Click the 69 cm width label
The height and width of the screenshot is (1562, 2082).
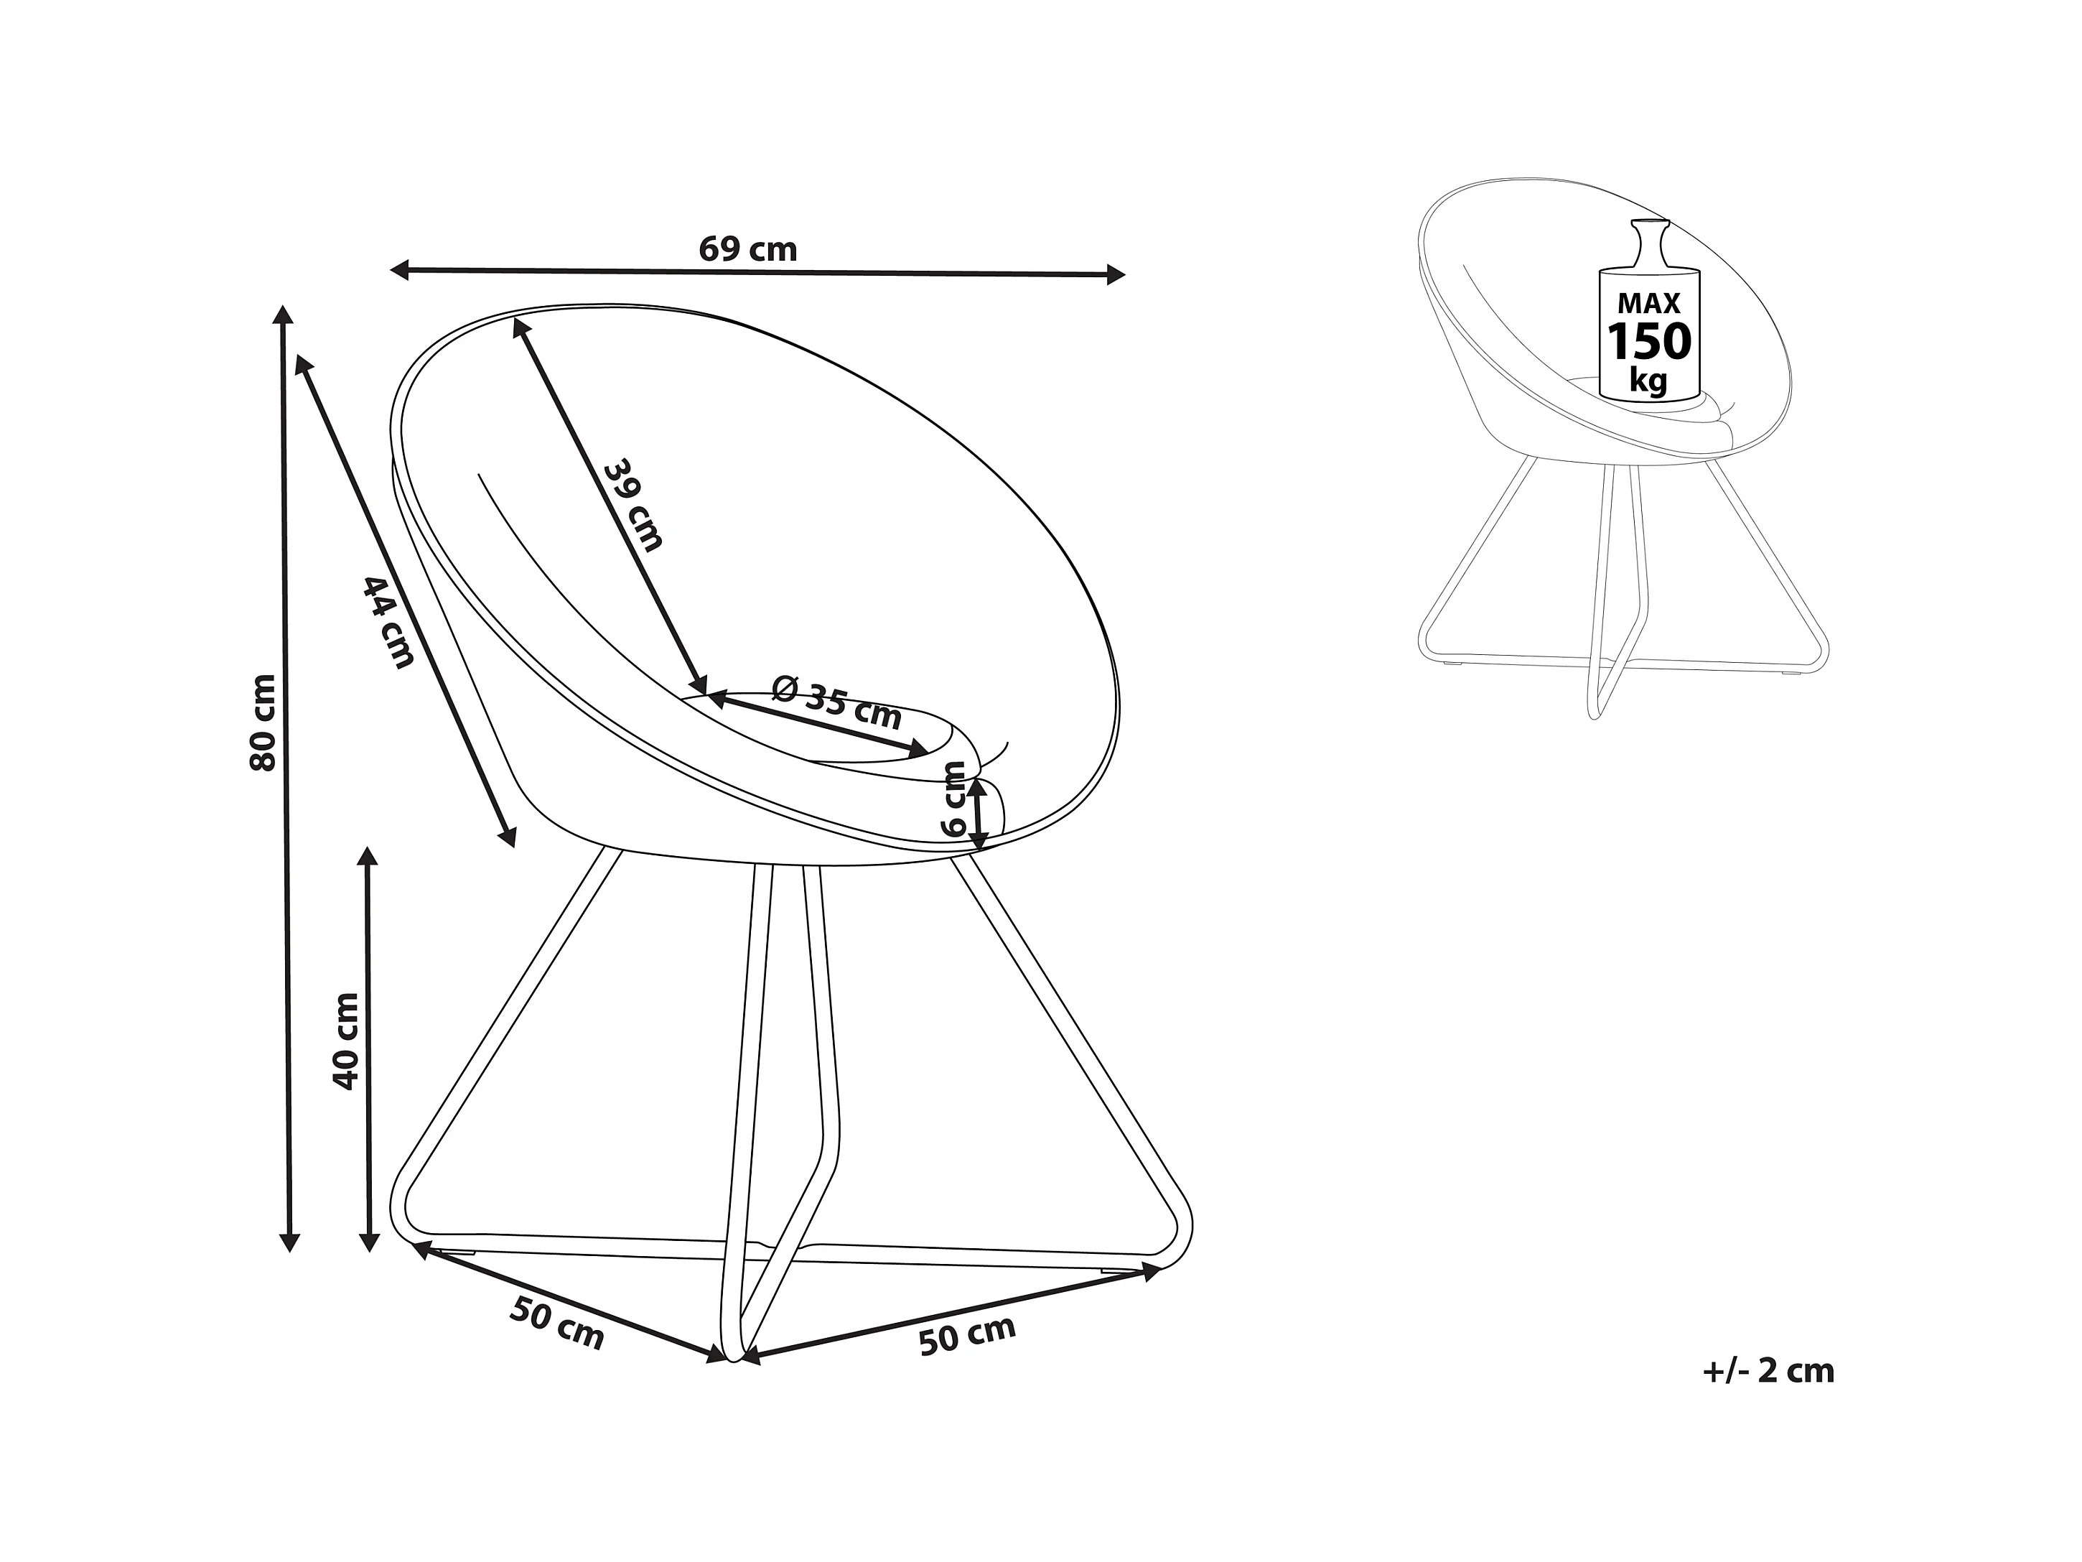point(747,249)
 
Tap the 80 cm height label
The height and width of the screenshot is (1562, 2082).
point(263,723)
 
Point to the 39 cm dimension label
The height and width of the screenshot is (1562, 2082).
point(633,505)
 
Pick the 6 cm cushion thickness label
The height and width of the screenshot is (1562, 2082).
point(954,799)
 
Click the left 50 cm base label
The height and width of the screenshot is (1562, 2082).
point(556,1323)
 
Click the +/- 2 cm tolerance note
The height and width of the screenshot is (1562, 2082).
point(1768,1371)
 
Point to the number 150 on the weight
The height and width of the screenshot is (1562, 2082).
point(1649,342)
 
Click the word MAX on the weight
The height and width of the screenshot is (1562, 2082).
point(1649,303)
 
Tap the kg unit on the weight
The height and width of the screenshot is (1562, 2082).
point(1648,381)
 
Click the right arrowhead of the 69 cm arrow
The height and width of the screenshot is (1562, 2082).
point(1116,275)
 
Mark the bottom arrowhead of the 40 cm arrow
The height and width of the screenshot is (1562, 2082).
point(369,1243)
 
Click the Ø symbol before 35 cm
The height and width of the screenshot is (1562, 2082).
point(785,688)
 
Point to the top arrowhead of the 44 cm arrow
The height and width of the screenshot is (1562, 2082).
point(303,364)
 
